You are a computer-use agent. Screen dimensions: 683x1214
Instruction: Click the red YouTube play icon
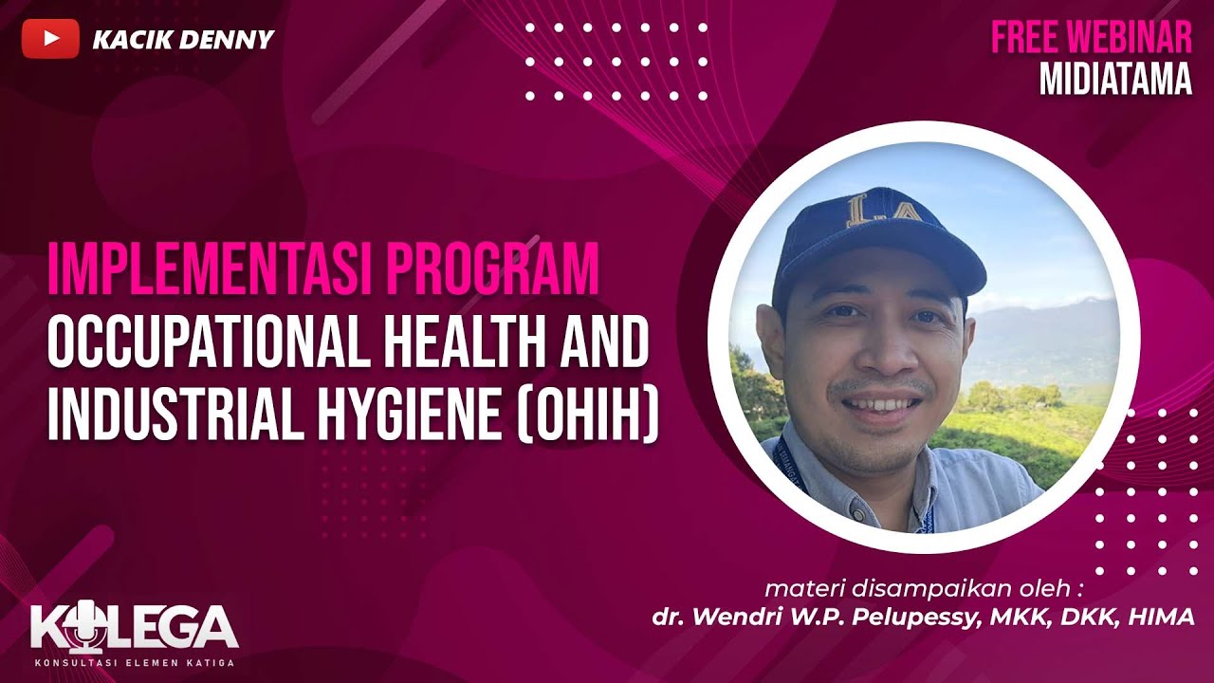[50, 39]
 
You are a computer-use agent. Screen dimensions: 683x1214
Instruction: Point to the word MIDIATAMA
[1115, 80]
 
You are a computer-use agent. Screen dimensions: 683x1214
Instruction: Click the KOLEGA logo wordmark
[134, 626]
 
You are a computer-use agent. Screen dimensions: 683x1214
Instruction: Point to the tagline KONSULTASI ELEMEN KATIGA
[134, 661]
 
